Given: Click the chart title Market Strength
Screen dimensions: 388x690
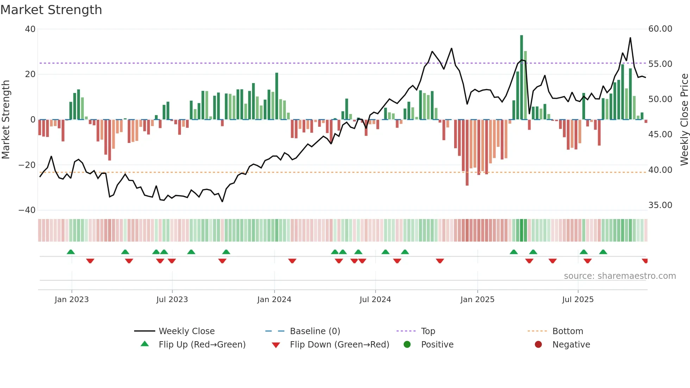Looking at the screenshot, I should [x=51, y=10].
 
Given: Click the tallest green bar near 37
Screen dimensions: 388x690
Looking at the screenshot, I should [x=521, y=77].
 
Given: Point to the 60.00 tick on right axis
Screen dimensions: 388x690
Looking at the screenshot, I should [x=660, y=29].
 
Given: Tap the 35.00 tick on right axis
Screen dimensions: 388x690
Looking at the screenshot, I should [x=660, y=205].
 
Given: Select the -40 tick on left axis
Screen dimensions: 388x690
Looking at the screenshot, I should [x=27, y=210].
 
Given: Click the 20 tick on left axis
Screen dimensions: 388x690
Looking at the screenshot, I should [x=30, y=74].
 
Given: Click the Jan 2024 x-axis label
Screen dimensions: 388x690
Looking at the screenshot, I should [x=274, y=300].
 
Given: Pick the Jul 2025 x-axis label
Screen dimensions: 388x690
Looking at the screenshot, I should [x=578, y=300].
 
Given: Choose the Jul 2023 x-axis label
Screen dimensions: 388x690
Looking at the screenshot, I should [x=172, y=300].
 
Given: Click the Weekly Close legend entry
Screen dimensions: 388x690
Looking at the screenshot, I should [x=186, y=331].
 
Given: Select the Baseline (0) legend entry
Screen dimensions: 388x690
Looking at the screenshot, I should [x=315, y=331].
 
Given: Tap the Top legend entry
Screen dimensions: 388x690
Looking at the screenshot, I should [x=428, y=331].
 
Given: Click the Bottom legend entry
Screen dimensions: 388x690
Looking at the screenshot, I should [x=567, y=331].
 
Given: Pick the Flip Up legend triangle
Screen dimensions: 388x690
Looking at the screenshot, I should [x=145, y=344].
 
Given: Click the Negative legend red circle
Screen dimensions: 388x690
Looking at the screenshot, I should [x=538, y=344].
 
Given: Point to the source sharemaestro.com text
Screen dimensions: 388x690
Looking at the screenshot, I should [x=620, y=276].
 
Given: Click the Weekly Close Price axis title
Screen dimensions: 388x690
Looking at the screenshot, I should [x=684, y=120].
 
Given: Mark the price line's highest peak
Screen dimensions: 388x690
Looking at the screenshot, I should [x=630, y=38].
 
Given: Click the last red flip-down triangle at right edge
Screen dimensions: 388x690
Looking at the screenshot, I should [x=645, y=261].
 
